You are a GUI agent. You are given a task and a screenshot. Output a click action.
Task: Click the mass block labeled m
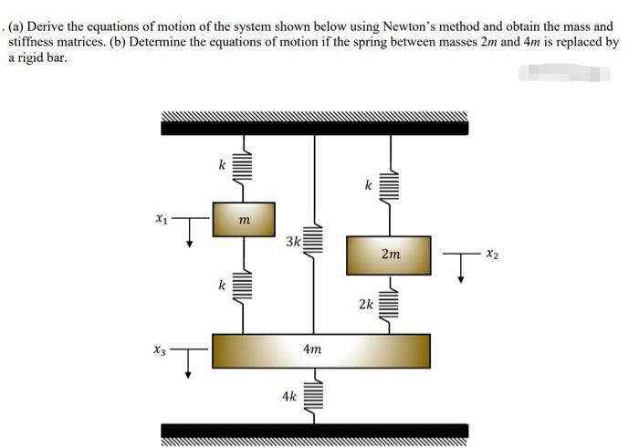point(243,219)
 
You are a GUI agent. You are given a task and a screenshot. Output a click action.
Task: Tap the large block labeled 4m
point(320,349)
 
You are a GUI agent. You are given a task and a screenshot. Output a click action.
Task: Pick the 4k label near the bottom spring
point(289,396)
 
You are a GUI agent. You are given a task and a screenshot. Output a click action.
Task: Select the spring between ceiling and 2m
point(390,187)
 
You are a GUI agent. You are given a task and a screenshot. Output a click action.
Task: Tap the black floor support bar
point(314,431)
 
